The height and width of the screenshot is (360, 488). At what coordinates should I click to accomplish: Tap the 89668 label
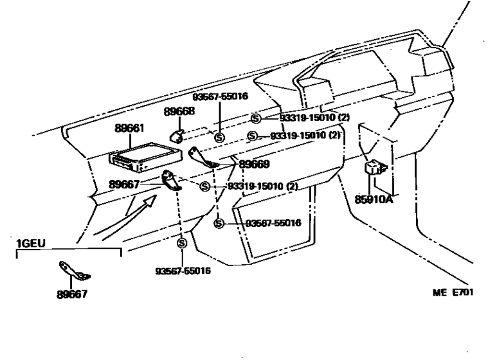(177, 111)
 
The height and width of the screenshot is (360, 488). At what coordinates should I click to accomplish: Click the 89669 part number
(255, 164)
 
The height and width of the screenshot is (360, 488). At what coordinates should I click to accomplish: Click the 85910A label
(373, 199)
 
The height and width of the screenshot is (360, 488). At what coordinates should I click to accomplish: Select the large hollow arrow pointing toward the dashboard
(146, 206)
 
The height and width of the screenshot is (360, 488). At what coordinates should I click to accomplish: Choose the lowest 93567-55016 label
(183, 271)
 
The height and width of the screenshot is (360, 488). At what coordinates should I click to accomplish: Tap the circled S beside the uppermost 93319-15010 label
(255, 118)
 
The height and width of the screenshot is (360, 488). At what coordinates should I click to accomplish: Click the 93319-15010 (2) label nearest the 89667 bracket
(263, 186)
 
